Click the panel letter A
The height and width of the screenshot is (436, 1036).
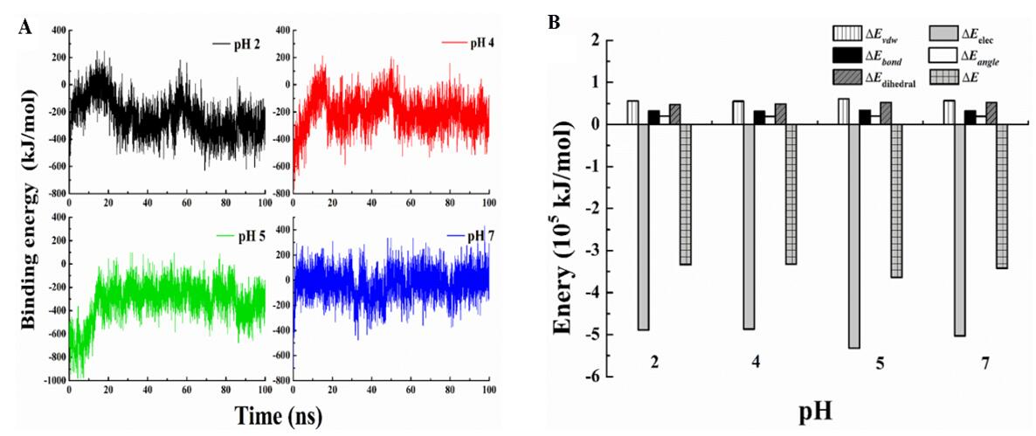click(25, 26)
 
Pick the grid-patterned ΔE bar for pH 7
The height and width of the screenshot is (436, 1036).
click(1001, 197)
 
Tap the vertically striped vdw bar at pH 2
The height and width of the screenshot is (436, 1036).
click(632, 112)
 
